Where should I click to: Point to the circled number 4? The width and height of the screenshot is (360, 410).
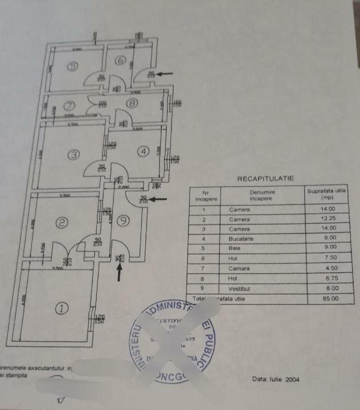[x=144, y=151]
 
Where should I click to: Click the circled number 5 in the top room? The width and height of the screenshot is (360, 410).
[x=72, y=66]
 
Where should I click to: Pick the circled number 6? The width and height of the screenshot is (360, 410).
[x=120, y=61]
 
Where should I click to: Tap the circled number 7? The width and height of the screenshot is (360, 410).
[x=69, y=106]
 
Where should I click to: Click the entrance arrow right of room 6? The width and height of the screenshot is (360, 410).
[x=167, y=73]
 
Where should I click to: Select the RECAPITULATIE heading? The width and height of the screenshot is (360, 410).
[x=265, y=179]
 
